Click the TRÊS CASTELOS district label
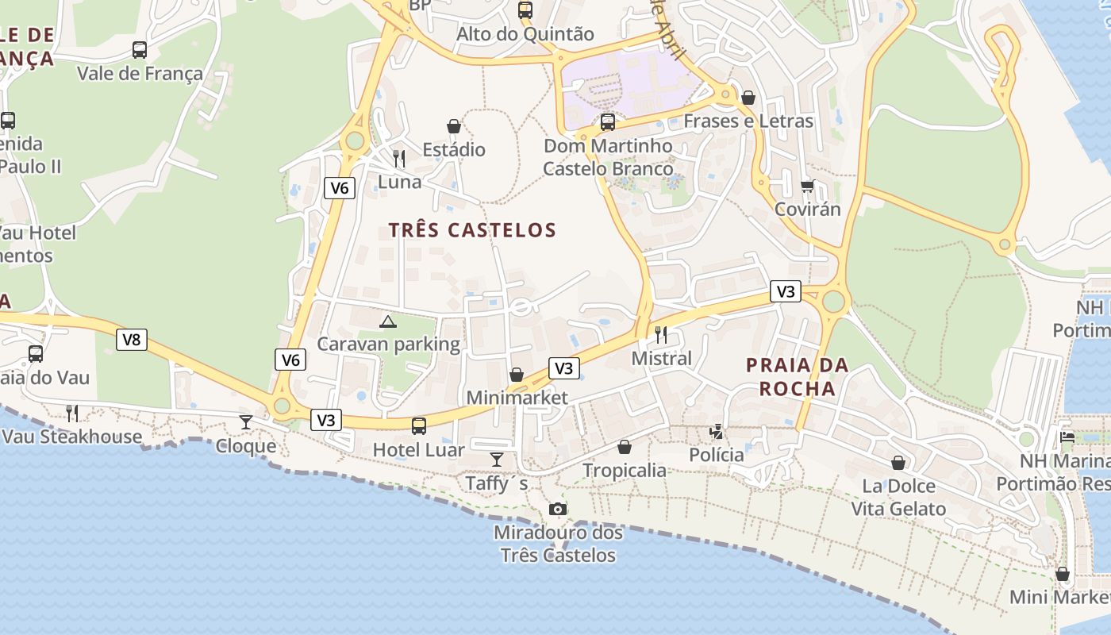pos(472,230)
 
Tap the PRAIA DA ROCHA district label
pos(798,377)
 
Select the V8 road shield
pos(132,340)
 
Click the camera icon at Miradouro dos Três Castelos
pos(558,509)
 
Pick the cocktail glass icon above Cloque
pos(246,421)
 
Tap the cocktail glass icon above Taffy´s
pos(497,459)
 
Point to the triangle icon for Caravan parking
pos(387,321)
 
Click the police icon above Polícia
pos(717,431)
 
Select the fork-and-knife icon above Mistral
pos(661,334)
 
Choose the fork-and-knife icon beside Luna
pos(399,159)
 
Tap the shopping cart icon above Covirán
pos(807,186)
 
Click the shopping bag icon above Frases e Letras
pos(748,98)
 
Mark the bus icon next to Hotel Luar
pos(419,426)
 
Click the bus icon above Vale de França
pos(140,50)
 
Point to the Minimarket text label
pos(517,398)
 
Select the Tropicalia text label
pos(625,471)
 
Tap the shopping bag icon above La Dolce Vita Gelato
pos(898,462)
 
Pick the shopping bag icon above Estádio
pos(453,126)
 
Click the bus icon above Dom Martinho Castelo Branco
pos(608,122)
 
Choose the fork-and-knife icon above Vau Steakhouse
pos(72,413)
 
